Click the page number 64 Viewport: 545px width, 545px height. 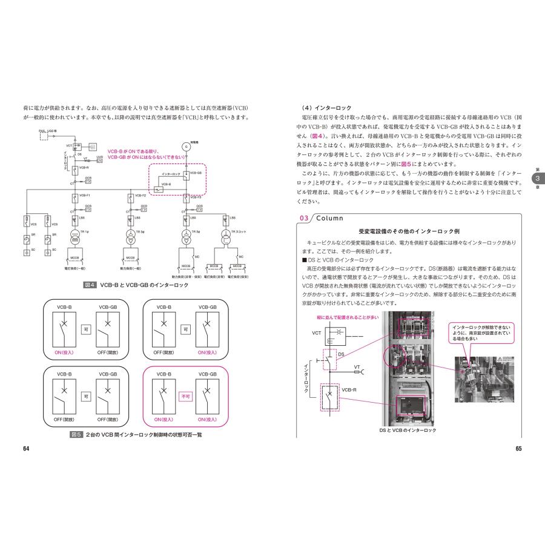(26, 449)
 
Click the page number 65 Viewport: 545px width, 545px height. (518, 449)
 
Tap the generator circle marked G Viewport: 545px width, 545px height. (186, 147)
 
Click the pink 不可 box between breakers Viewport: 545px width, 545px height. (187, 397)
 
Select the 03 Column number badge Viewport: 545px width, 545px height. (303, 219)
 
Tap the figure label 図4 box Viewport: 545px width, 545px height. (92, 285)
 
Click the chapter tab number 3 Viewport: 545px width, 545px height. (536, 179)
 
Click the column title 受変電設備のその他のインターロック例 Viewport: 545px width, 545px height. (409, 232)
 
